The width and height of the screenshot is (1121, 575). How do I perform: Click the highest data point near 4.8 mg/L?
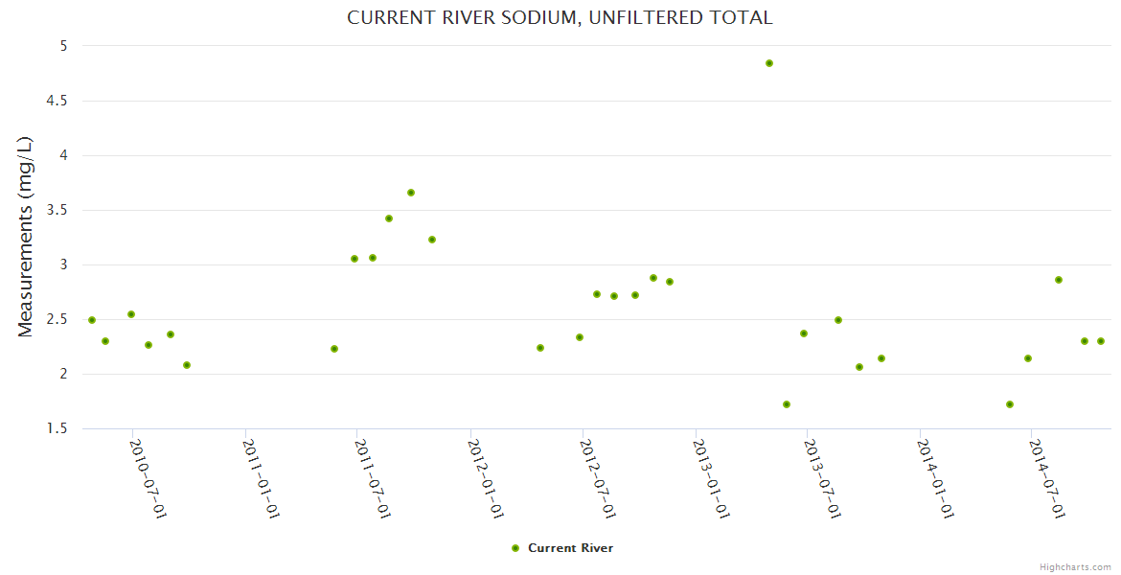click(x=768, y=63)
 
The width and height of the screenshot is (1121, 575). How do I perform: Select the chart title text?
click(x=560, y=18)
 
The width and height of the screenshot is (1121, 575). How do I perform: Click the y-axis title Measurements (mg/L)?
click(x=26, y=237)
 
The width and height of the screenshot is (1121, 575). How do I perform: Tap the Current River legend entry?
click(x=562, y=548)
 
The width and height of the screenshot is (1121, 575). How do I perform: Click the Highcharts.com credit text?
click(x=1075, y=566)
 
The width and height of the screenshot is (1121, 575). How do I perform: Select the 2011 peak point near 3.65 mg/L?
click(x=411, y=193)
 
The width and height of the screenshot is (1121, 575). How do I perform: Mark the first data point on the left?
click(x=92, y=320)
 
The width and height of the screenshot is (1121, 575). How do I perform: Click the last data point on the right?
click(x=1101, y=341)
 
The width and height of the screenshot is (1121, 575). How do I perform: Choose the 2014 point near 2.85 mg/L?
click(x=1059, y=280)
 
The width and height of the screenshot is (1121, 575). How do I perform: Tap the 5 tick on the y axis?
click(x=62, y=46)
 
